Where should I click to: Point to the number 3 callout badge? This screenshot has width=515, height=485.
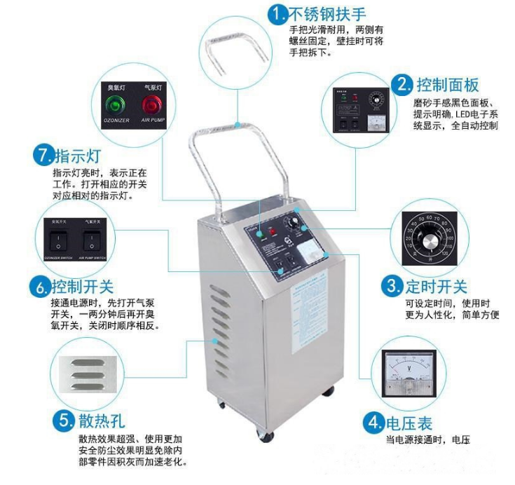390,286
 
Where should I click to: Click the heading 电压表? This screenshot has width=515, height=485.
408,423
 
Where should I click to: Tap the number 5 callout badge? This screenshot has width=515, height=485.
64,421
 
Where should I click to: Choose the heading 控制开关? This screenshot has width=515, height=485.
81,287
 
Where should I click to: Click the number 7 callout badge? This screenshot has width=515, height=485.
43,155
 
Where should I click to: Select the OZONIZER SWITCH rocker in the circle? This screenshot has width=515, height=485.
53,242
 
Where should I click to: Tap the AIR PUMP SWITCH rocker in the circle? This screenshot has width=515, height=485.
90,242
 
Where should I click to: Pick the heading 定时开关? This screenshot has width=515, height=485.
436,286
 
